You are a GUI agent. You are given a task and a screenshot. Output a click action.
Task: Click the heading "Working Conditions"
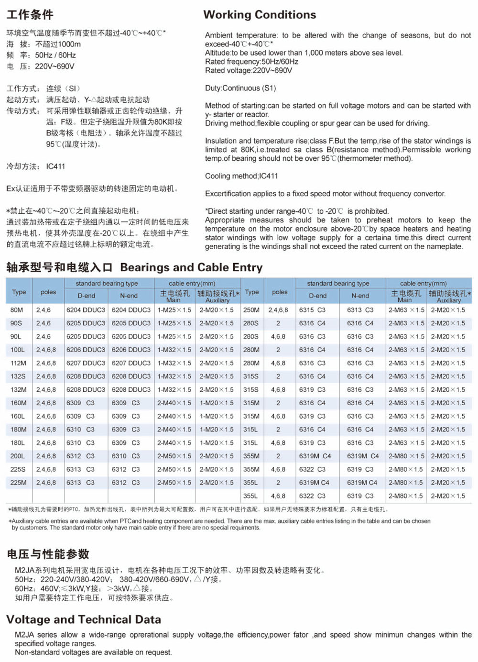260,15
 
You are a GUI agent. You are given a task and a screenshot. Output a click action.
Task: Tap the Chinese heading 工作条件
30,15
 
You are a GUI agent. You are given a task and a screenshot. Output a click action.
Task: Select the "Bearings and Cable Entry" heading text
191,267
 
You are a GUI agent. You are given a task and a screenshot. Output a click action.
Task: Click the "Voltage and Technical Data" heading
84,620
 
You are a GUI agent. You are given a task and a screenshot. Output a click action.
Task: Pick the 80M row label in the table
17,310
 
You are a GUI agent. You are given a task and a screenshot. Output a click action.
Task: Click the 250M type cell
251,310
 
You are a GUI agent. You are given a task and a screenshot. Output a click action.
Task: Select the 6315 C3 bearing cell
312,310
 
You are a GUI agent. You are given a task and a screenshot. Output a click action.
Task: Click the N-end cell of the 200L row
126,456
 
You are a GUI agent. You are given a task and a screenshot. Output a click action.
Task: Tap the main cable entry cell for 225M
174,483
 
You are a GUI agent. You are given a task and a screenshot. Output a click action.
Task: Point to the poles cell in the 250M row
278,310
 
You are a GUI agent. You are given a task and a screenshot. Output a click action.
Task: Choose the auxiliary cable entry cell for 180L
217,443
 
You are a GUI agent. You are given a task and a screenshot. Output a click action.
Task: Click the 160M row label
19,403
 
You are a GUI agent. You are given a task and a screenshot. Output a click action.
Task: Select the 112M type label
19,363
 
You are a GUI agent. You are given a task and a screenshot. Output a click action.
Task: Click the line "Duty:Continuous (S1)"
240,88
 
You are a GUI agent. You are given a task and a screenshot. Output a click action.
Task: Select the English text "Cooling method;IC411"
241,176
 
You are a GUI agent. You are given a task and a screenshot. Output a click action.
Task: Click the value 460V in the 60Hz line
49,589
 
